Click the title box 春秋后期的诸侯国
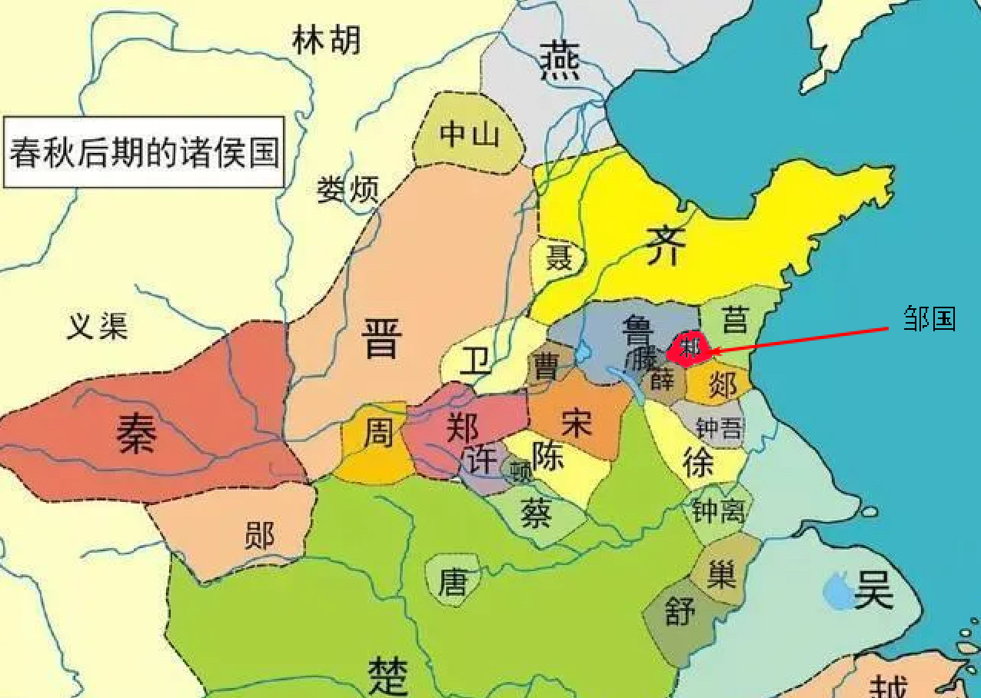point(143,152)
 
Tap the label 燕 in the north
point(559,61)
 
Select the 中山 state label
point(470,135)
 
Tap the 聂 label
point(559,258)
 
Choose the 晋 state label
point(382,337)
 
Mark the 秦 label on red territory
point(137,433)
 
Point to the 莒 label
point(735,318)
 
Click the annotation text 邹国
point(929,318)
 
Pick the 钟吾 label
point(718,427)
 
